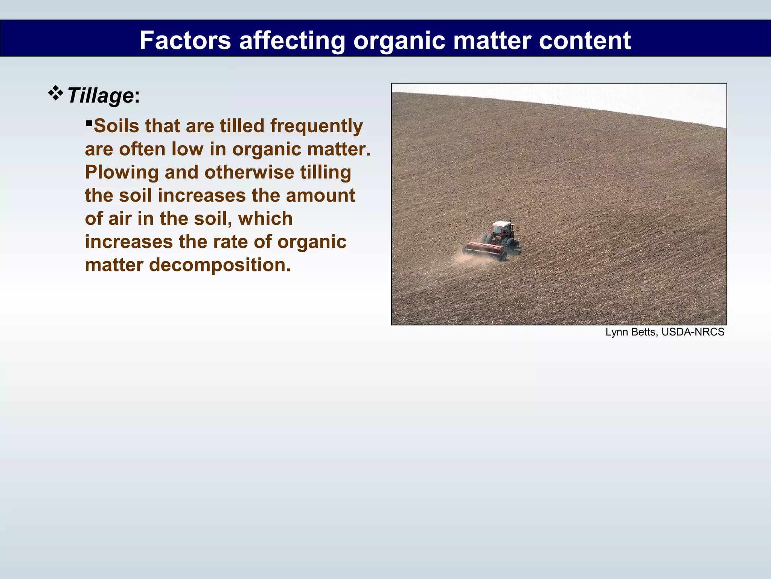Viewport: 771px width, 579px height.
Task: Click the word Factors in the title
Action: click(185, 40)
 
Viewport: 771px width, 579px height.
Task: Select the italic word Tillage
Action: click(100, 95)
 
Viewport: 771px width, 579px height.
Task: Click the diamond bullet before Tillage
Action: click(55, 93)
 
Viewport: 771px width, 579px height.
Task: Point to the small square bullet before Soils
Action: click(89, 123)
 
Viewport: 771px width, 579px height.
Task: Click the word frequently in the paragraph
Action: click(316, 126)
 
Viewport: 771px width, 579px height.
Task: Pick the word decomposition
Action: click(220, 265)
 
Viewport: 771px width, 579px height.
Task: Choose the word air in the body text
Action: click(120, 219)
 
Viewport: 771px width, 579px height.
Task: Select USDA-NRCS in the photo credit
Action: click(693, 332)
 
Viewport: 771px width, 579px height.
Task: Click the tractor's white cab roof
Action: click(501, 224)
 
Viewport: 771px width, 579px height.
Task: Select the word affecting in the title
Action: click(292, 40)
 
